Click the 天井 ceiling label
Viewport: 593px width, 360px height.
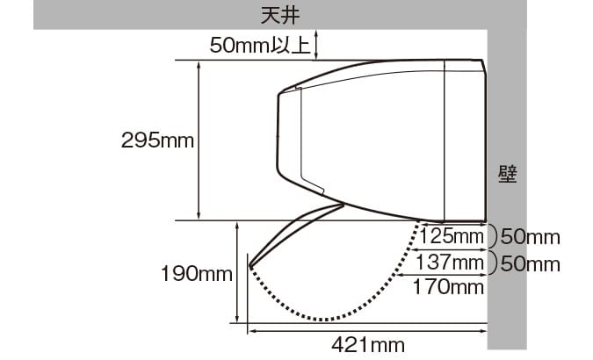tap(280, 16)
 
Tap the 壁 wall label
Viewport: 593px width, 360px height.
tap(507, 175)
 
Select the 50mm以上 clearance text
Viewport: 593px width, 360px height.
tap(260, 46)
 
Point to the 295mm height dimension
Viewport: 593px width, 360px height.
tap(157, 140)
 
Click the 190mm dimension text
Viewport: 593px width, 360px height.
tap(196, 274)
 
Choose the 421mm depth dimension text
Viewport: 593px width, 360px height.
tap(368, 345)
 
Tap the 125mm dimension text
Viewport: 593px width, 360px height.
tap(452, 237)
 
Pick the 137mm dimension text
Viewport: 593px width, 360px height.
tap(450, 262)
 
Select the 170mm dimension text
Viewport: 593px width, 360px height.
tap(449, 287)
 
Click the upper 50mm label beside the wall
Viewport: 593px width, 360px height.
tap(531, 237)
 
